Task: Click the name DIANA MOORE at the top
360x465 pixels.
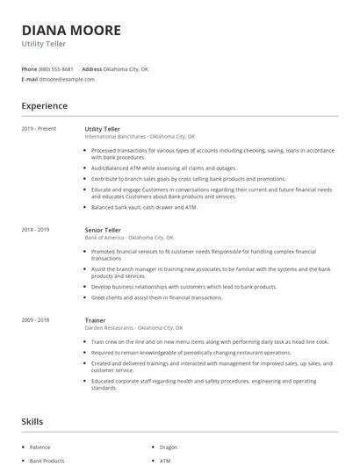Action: [x=71, y=30]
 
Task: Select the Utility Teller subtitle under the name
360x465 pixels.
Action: [x=46, y=44]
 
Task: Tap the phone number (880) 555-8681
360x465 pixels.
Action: [x=55, y=68]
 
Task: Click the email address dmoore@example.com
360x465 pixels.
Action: [x=67, y=79]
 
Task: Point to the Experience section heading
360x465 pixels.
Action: [x=45, y=106]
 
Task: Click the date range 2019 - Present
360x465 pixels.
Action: [x=39, y=129]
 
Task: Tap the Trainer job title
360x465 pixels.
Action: [x=95, y=321]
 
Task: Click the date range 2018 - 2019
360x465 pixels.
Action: [x=36, y=230]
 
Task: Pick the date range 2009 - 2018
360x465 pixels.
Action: [x=36, y=321]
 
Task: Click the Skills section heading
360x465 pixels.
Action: [x=32, y=422]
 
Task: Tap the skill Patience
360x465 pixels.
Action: [x=40, y=447]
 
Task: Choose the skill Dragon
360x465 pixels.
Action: [x=169, y=447]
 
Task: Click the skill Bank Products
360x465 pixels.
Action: [x=47, y=461]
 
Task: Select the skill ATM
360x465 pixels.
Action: [x=165, y=461]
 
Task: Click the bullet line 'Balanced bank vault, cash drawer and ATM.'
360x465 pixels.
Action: [x=144, y=207]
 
